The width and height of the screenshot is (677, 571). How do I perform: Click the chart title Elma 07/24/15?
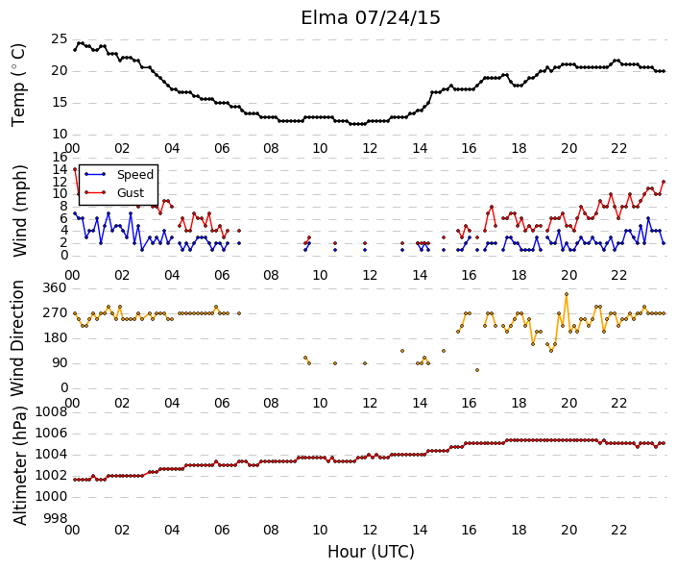click(x=371, y=18)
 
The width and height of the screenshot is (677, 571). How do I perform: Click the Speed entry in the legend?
click(x=135, y=175)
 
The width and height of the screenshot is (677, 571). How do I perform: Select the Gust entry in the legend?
click(x=131, y=193)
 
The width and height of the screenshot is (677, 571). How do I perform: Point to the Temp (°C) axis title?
click(x=18, y=86)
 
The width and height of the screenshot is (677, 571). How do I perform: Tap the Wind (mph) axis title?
click(x=20, y=211)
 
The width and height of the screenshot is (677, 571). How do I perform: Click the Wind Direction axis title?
click(x=17, y=338)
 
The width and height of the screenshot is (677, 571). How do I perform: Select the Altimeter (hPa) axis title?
click(x=20, y=465)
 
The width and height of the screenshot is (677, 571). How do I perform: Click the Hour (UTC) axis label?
click(x=371, y=552)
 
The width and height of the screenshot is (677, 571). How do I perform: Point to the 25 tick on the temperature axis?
click(x=60, y=39)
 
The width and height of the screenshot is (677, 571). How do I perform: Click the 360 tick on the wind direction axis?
click(x=55, y=287)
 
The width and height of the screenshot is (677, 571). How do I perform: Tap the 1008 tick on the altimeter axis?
click(x=51, y=411)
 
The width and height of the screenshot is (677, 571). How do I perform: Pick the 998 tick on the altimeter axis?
click(x=56, y=518)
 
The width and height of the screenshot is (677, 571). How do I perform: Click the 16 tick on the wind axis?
click(x=60, y=157)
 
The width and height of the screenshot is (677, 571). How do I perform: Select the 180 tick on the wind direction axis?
click(x=55, y=338)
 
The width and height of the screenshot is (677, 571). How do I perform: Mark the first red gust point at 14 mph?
click(x=75, y=169)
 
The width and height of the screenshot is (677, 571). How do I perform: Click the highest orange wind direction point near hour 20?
click(x=567, y=294)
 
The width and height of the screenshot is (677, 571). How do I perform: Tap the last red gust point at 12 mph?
click(x=664, y=182)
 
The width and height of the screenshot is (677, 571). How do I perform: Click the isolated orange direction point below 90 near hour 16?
click(x=477, y=370)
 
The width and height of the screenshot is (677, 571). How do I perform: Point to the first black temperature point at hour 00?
click(x=75, y=50)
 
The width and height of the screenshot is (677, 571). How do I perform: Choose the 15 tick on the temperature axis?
click(x=60, y=103)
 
